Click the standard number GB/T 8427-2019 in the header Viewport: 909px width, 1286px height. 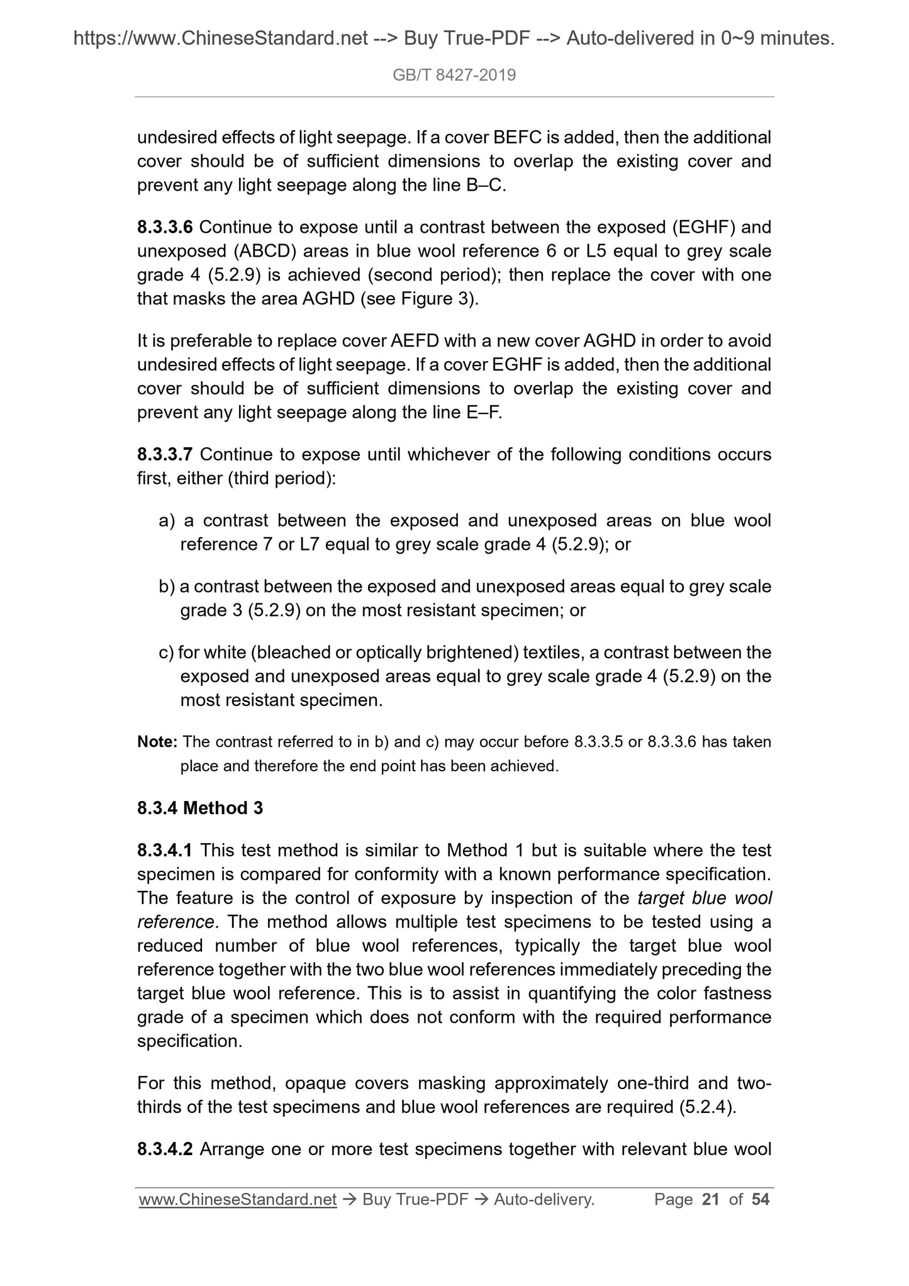coord(454,75)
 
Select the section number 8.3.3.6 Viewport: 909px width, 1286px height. coord(165,227)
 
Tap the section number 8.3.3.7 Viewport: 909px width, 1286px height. coord(165,454)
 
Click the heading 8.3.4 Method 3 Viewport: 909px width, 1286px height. coord(200,808)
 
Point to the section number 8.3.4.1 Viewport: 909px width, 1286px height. coord(165,851)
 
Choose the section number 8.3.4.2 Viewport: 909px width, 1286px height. coord(165,1149)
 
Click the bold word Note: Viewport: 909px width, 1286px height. coord(158,742)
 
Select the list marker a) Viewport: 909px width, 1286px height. coord(167,521)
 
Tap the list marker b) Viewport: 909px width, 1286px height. coord(167,587)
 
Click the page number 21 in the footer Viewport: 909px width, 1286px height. coord(710,1200)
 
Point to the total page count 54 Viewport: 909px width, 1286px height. coord(760,1200)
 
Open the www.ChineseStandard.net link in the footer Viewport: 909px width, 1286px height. coord(238,1200)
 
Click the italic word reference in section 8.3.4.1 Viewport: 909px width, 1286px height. coord(176,922)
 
